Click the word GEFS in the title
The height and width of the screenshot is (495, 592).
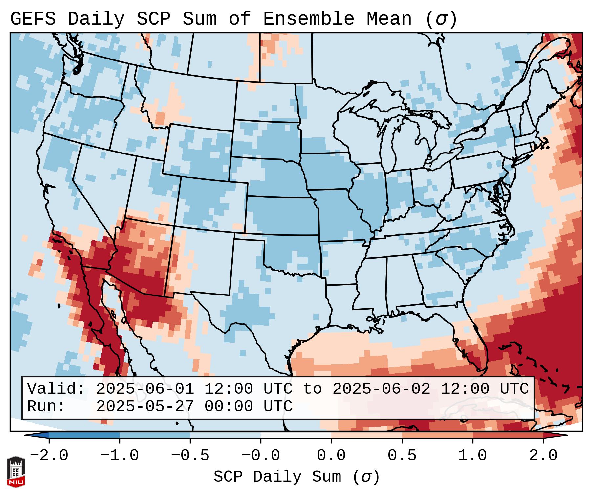33,19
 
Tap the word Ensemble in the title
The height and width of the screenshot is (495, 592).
309,19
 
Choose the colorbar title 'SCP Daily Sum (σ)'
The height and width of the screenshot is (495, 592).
296,477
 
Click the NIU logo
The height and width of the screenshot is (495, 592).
16,472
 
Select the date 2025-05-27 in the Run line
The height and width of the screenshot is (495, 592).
145,407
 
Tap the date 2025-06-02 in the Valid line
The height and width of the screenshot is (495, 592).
382,389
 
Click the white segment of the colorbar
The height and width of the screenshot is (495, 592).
296,435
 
